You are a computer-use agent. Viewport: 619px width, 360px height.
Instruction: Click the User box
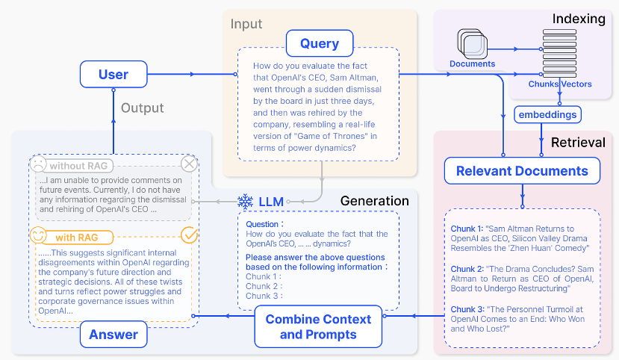pos(113,74)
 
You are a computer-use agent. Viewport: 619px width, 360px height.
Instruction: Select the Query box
pos(320,43)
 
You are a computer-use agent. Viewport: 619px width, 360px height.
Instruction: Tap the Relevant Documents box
pos(522,171)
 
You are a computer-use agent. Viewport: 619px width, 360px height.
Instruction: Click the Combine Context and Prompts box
pos(318,326)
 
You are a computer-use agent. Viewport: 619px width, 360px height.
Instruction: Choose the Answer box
pos(113,335)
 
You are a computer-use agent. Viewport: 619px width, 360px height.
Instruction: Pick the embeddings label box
pos(547,114)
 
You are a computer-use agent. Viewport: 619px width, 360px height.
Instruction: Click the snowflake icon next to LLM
pos(245,202)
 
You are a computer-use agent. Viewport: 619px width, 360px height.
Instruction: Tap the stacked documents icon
pos(472,43)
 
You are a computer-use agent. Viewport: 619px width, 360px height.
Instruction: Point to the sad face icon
pos(38,164)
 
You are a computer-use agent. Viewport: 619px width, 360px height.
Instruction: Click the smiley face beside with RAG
pos(38,235)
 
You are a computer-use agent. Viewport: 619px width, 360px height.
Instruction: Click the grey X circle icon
pos(189,164)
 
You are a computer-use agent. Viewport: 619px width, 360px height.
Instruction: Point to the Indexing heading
pos(579,19)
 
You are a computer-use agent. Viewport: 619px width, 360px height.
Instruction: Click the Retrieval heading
pos(578,142)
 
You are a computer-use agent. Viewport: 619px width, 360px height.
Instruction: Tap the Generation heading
pos(374,201)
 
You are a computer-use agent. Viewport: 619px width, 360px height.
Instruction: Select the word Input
pos(246,24)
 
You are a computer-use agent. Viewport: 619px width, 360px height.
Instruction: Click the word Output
pos(142,108)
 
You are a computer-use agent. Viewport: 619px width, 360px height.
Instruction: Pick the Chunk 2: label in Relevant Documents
pos(467,269)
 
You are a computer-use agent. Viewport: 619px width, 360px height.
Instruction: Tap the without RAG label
pos(78,166)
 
